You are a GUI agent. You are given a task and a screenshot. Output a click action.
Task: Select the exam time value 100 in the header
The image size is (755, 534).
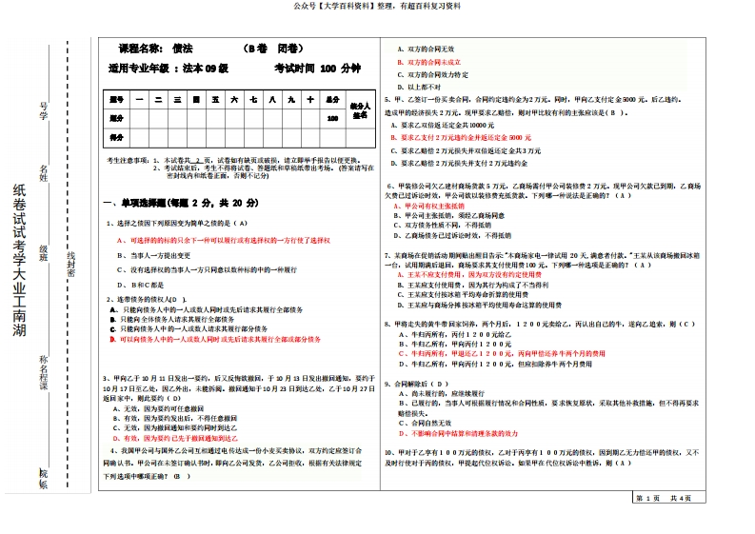pyautogui.click(x=328, y=69)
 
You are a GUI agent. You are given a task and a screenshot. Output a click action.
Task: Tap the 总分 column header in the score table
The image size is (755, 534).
pyautogui.click(x=332, y=99)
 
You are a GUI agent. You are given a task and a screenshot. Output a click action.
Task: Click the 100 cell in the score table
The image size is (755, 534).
pyautogui.click(x=332, y=119)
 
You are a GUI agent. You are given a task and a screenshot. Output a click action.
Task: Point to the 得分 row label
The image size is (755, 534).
pyautogui.click(x=118, y=138)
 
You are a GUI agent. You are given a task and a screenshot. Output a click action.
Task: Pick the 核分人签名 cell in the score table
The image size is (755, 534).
pyautogui.click(x=359, y=109)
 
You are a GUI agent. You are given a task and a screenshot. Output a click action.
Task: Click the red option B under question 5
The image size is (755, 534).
pyautogui.click(x=456, y=137)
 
